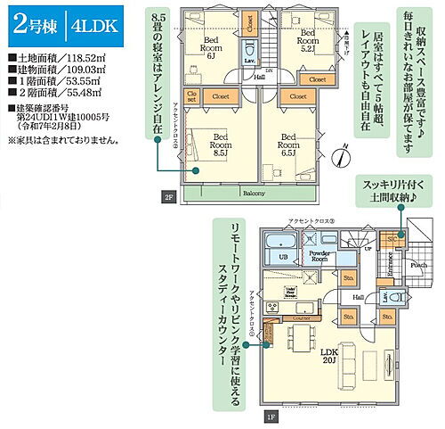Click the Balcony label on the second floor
point(253,192)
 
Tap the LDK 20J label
point(331,357)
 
